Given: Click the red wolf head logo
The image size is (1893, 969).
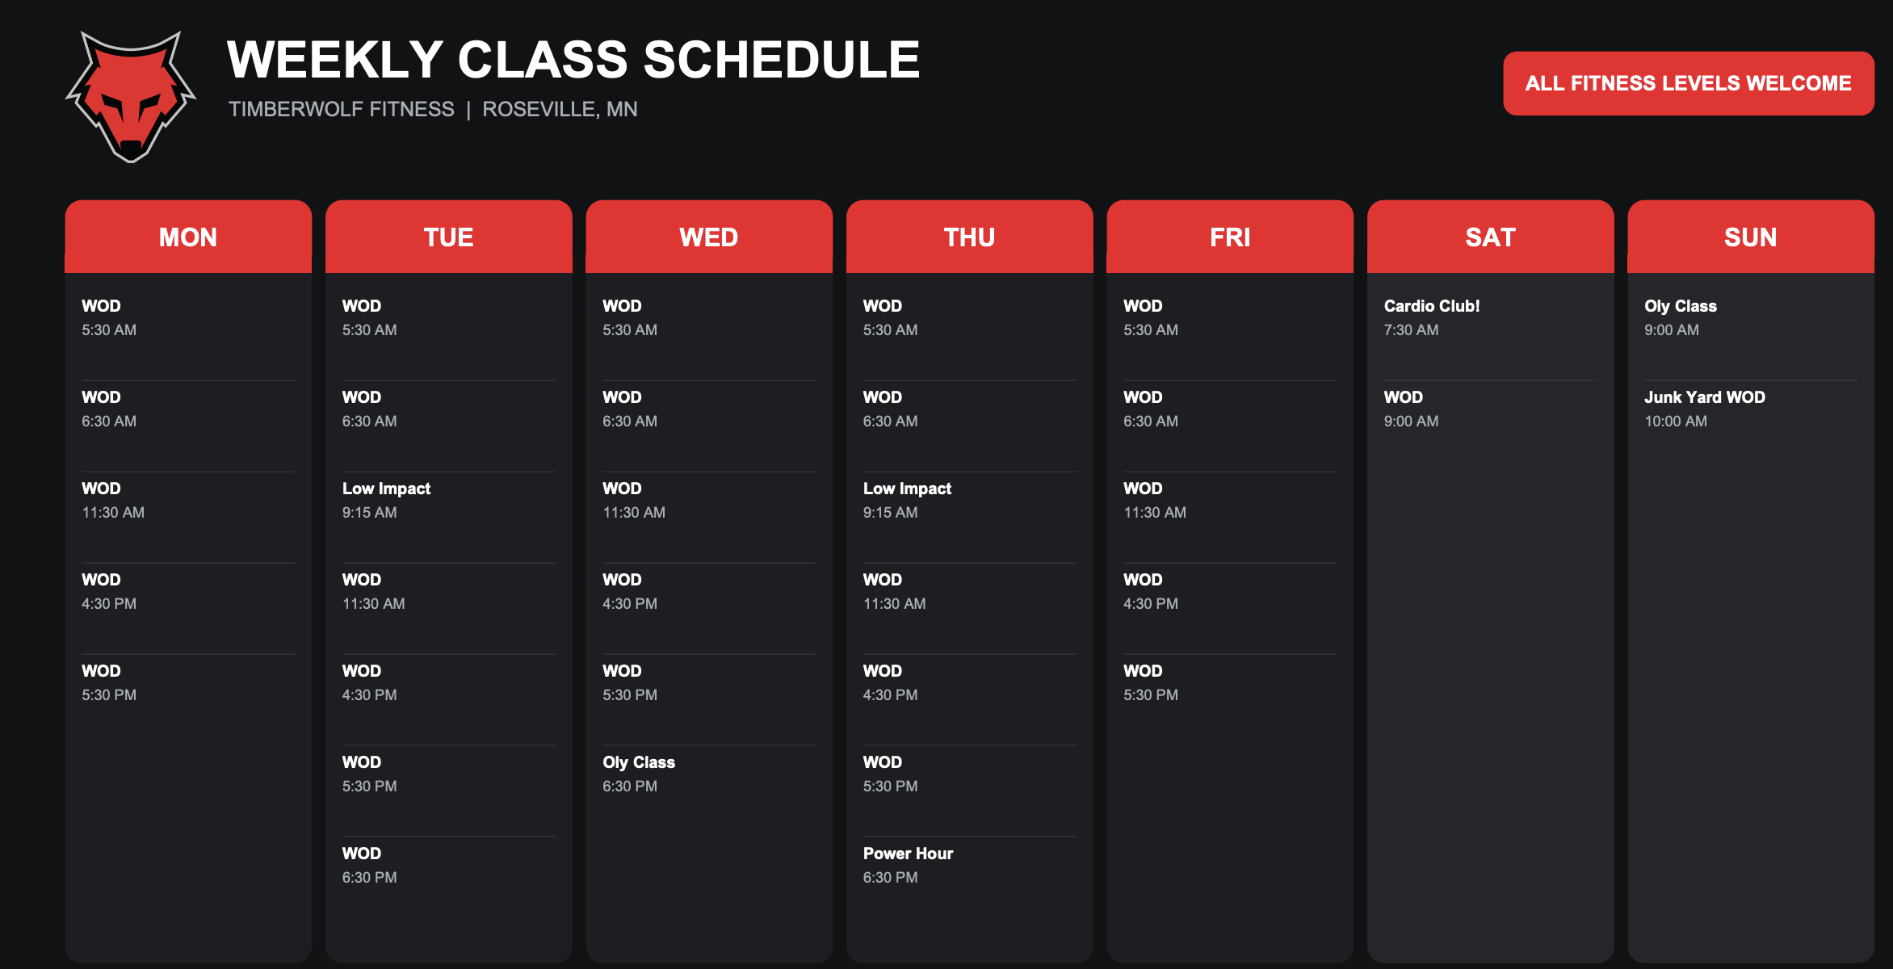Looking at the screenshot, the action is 131,96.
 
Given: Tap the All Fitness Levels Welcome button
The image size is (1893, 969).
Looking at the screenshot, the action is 1688,83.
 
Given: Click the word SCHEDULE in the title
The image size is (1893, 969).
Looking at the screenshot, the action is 782,60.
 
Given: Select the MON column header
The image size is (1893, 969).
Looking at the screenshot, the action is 188,237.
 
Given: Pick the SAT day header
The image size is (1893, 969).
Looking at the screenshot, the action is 1490,237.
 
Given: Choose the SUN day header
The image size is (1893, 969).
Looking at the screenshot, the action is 1751,237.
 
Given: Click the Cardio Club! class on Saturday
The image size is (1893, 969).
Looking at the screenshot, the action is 1432,306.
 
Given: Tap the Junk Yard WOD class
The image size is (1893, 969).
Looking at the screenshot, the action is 1705,397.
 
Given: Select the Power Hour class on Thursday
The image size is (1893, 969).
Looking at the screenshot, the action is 908,854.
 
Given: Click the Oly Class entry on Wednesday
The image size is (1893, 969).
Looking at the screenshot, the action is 639,762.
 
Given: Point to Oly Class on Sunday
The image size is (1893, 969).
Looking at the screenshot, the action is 1681,306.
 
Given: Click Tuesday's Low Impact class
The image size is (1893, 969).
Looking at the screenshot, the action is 386,489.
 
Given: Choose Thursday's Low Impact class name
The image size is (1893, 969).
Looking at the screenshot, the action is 907,489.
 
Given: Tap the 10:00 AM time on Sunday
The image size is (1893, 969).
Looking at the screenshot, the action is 1676,421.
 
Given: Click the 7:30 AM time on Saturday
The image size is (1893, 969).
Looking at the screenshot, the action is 1411,329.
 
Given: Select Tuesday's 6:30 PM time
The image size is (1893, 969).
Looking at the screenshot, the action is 369,877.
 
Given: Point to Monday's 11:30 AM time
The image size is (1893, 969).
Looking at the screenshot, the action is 113,512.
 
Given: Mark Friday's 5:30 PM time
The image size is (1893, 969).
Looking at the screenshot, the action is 1151,694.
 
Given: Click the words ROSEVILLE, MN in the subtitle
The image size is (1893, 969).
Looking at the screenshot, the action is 560,109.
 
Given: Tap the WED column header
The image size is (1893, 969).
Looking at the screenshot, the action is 709,237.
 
